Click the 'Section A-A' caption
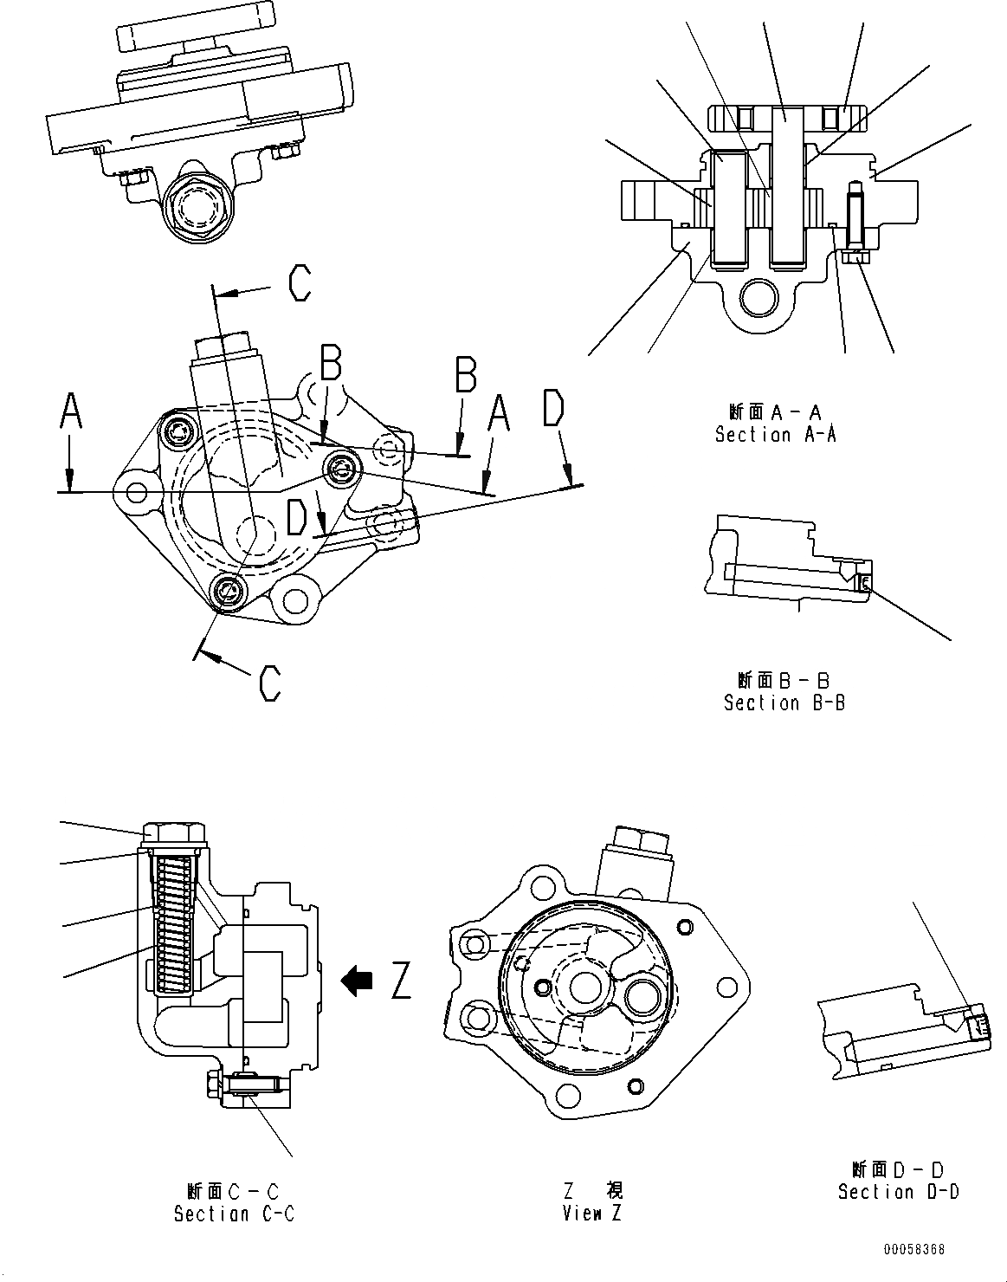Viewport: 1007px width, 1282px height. coord(775,434)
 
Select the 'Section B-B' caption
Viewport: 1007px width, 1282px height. coord(784,703)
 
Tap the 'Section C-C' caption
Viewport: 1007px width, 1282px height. coord(234,1214)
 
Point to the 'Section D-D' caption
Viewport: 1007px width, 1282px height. coord(898,1191)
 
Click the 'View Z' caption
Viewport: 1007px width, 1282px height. coord(591,1213)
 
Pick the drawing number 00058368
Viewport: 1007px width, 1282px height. coord(913,1250)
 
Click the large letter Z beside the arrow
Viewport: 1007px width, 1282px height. coord(401,980)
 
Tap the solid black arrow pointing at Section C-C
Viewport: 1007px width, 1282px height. coord(357,980)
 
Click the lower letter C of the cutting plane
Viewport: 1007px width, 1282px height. coord(270,682)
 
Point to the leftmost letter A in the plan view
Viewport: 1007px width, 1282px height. coord(70,412)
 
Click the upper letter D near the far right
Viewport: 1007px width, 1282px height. coord(554,410)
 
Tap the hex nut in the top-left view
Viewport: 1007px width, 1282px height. coord(194,208)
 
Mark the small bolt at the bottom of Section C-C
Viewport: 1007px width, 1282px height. coord(213,1082)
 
